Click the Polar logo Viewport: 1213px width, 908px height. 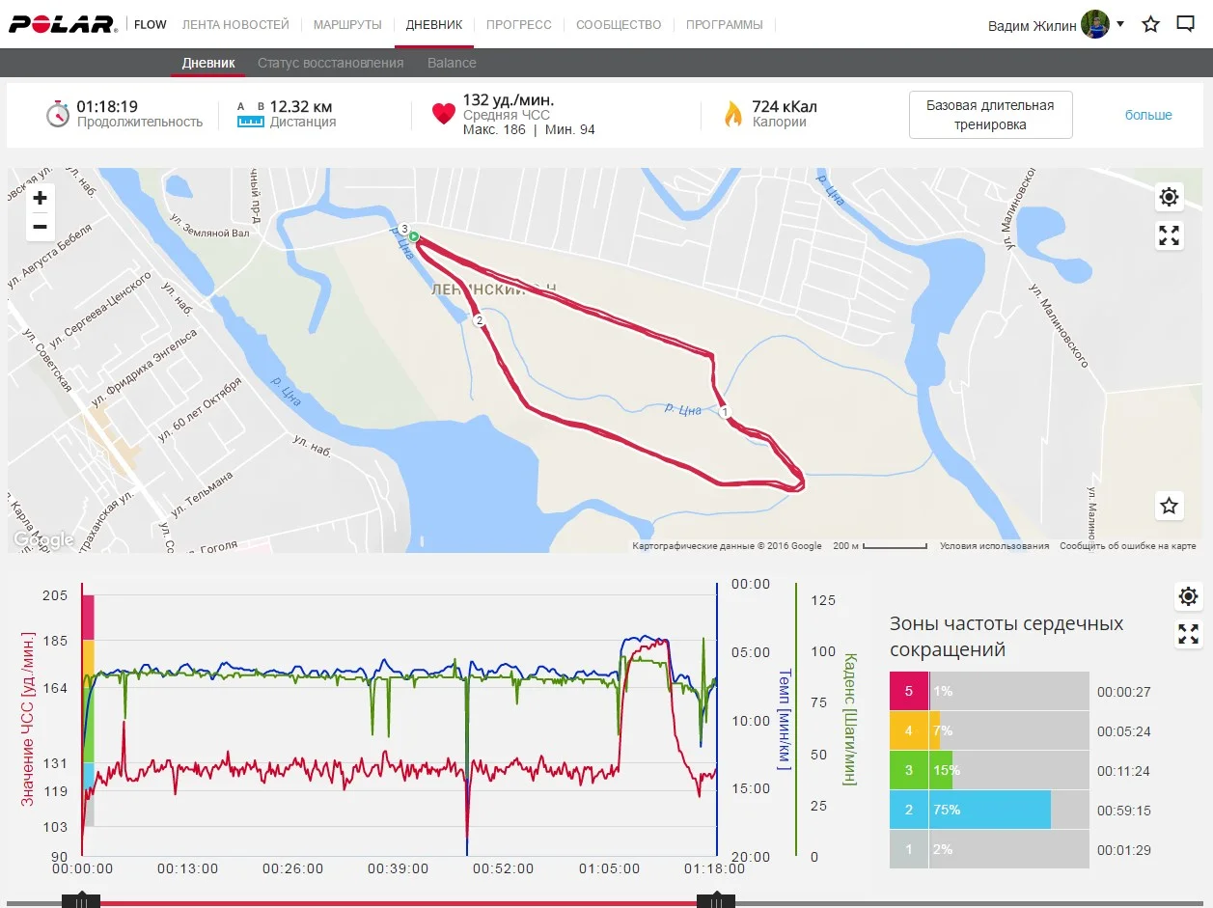[x=63, y=24]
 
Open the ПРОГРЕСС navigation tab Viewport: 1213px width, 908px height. [x=519, y=24]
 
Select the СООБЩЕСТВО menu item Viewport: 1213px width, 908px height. [x=619, y=24]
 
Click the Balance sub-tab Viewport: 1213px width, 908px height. [x=452, y=63]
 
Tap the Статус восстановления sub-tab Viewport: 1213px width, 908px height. [x=330, y=63]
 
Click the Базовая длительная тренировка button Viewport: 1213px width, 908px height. [x=990, y=115]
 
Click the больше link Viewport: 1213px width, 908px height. [x=1148, y=115]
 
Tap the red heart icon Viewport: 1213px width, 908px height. [x=443, y=114]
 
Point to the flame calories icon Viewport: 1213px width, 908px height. [x=733, y=114]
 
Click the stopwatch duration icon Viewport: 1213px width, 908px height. [x=58, y=113]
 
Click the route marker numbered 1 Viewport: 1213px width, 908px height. [x=725, y=412]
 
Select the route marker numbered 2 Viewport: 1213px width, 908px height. [x=478, y=319]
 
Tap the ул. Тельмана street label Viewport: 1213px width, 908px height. [x=202, y=492]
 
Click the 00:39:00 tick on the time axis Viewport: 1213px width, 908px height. [x=399, y=868]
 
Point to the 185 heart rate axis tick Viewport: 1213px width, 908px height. [x=55, y=641]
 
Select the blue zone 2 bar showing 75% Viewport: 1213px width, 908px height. [x=990, y=810]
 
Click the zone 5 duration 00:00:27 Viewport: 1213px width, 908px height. [x=1123, y=692]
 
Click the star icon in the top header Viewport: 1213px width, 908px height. [x=1150, y=24]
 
